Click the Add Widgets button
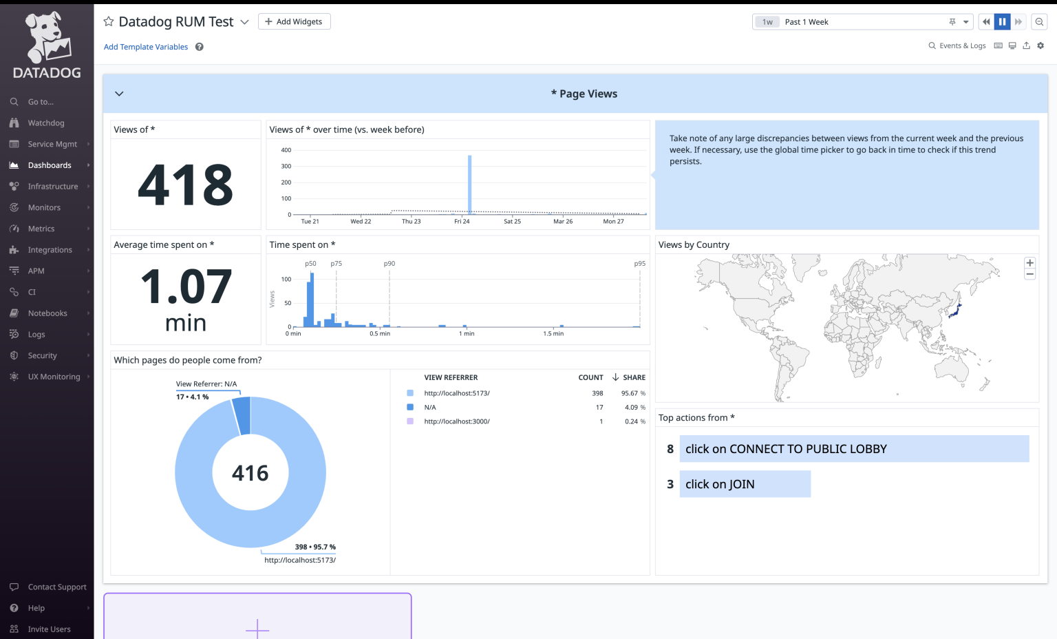(x=294, y=22)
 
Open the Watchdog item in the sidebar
(x=45, y=123)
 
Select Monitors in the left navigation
(x=44, y=208)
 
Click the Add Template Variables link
(x=146, y=47)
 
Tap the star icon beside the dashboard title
(x=109, y=22)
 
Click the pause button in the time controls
(x=1002, y=22)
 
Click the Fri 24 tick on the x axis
(x=462, y=222)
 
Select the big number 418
(x=186, y=185)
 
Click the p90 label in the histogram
(x=389, y=264)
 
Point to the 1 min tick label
(x=467, y=334)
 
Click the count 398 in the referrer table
(x=597, y=394)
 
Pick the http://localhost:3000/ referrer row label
(x=457, y=421)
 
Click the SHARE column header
(x=634, y=378)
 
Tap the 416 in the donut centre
(x=250, y=474)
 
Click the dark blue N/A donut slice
(x=242, y=415)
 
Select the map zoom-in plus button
(x=1030, y=263)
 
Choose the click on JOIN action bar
(x=745, y=484)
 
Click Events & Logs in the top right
(x=962, y=46)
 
